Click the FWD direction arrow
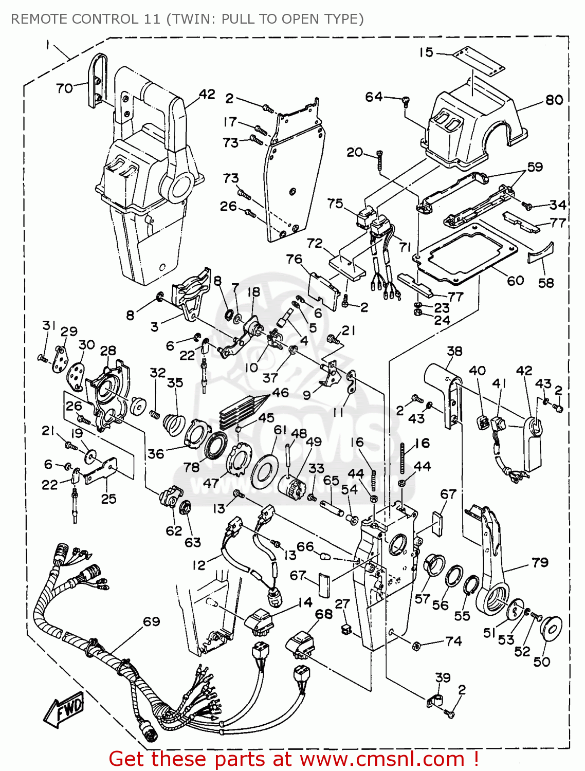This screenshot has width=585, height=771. coord(64,710)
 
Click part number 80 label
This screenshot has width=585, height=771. coord(554,100)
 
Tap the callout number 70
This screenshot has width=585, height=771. coord(64,88)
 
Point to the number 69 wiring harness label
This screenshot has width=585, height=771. coord(151,622)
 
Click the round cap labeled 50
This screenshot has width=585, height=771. coord(550,629)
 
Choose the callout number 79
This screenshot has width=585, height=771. coord(540,563)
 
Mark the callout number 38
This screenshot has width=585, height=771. coord(454,351)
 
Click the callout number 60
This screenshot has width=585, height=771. coord(515,281)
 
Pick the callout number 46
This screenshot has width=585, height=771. coord(281,393)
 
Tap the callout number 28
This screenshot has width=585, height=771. coord(108,351)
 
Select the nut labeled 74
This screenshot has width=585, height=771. coord(417,645)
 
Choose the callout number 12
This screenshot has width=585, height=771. coord(199,565)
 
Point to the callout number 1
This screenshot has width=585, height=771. coord(47,45)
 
